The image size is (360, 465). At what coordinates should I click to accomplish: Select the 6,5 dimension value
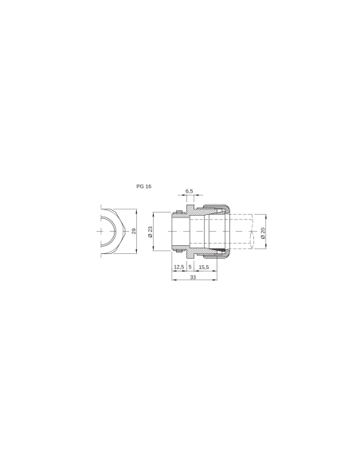[190, 191]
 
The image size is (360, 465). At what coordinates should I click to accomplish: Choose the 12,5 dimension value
[178, 267]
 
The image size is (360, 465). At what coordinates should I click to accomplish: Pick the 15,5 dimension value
[204, 267]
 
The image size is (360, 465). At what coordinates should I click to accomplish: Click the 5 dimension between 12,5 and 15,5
[190, 267]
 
